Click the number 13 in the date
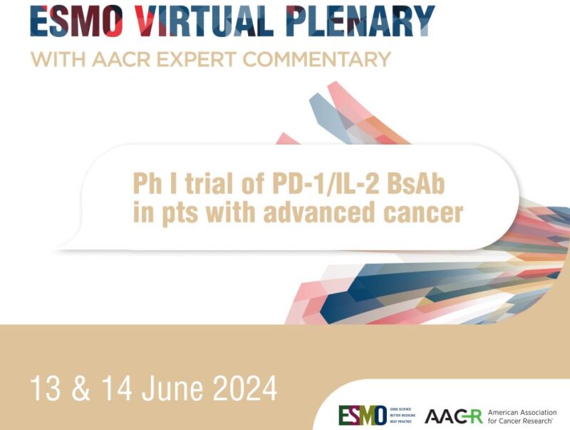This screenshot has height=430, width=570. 43,389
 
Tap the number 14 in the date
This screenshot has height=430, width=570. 115,389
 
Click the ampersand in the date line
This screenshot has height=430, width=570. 79,389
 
